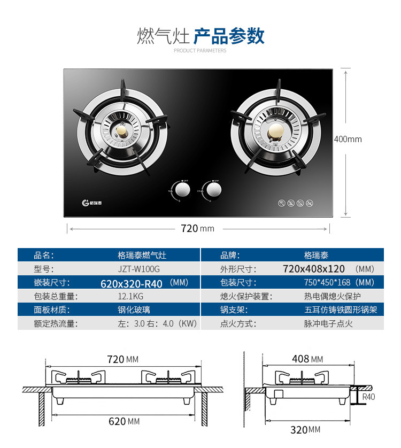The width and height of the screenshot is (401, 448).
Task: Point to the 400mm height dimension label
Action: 348,140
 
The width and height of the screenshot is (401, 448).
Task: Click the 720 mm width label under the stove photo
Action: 197,228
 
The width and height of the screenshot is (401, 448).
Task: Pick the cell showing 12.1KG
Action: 130,296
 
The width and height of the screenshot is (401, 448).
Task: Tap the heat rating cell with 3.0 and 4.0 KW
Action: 157,323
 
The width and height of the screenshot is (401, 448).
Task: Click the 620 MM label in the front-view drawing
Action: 124,421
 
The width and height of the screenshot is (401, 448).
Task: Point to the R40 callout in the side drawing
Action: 368,397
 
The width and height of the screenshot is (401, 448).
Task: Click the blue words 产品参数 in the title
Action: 229,36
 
